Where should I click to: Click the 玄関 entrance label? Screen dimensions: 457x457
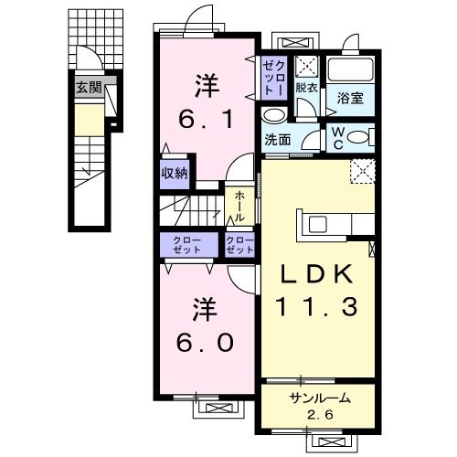pyautogui.click(x=88, y=89)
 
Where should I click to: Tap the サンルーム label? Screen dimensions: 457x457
pyautogui.click(x=320, y=398)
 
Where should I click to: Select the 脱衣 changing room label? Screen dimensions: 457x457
pyautogui.click(x=306, y=88)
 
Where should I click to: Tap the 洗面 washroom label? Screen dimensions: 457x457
pyautogui.click(x=278, y=140)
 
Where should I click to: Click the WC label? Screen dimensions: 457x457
pyautogui.click(x=337, y=139)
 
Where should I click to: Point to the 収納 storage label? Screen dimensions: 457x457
pyautogui.click(x=175, y=172)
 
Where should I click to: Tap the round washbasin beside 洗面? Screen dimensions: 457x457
pyautogui.click(x=273, y=116)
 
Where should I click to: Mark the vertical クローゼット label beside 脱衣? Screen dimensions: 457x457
pyautogui.click(x=277, y=73)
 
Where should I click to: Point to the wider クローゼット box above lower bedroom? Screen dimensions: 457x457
pyautogui.click(x=187, y=244)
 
